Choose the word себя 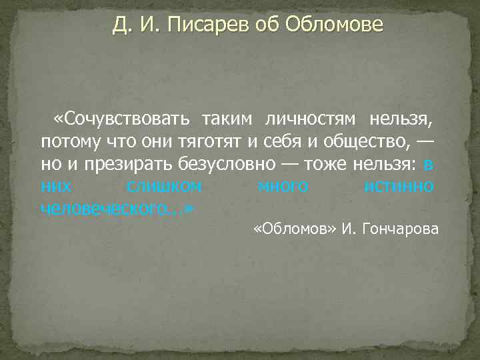click(x=273, y=142)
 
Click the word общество click(x=356, y=142)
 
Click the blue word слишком click(x=164, y=187)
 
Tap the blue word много click(x=283, y=187)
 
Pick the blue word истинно click(x=400, y=187)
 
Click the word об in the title click(x=270, y=25)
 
